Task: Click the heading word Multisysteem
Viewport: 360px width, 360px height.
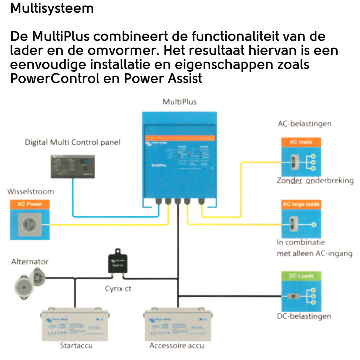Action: (x=52, y=8)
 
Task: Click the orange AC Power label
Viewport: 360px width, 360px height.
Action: (x=30, y=204)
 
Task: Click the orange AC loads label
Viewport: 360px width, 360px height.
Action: (x=301, y=142)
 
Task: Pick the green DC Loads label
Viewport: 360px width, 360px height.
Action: (x=301, y=276)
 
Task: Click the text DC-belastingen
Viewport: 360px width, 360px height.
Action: (x=304, y=316)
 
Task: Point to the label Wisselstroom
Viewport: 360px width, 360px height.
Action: (x=31, y=192)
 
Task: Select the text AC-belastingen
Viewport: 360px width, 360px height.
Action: (x=304, y=124)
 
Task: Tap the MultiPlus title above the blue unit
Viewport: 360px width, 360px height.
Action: (x=180, y=102)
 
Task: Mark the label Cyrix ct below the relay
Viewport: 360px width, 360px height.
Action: (x=118, y=289)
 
